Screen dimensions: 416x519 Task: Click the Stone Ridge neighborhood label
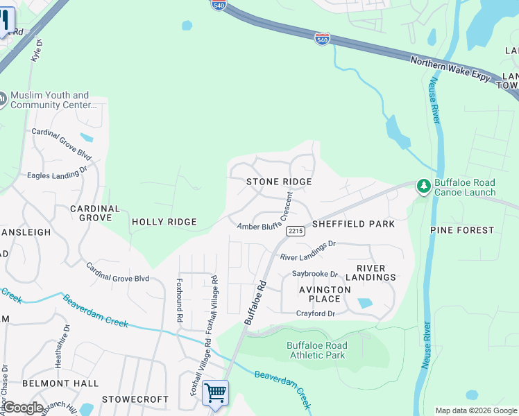279,182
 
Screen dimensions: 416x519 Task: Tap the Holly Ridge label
164,222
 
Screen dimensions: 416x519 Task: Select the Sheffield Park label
353,224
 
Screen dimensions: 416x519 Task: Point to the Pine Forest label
462,229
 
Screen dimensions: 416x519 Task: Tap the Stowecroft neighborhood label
135,399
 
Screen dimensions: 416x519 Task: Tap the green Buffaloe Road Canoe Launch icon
423,186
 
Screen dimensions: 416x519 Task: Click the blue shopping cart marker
215,392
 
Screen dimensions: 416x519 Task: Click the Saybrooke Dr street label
314,274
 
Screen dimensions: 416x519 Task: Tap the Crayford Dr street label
316,313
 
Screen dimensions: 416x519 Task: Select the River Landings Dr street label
307,250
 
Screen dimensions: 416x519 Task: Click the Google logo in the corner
23,408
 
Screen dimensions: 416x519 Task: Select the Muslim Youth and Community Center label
52,100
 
